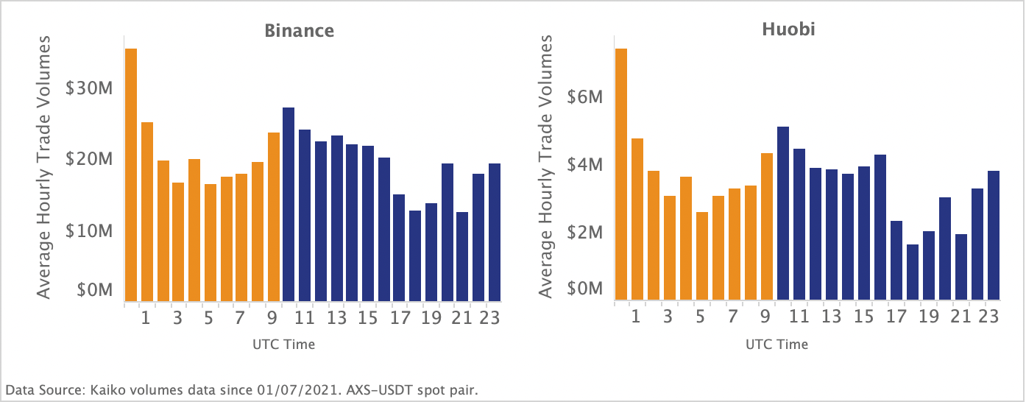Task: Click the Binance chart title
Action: click(x=300, y=31)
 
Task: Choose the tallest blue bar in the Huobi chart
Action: click(x=782, y=214)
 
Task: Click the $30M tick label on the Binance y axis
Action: click(x=88, y=89)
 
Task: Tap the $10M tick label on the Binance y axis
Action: click(x=88, y=231)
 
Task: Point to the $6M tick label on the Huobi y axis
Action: click(x=586, y=97)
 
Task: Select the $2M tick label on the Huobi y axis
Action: click(x=586, y=233)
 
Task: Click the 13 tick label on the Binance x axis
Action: click(x=336, y=318)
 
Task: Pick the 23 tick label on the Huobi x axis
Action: click(x=988, y=318)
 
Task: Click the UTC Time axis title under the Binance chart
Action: click(x=283, y=344)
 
